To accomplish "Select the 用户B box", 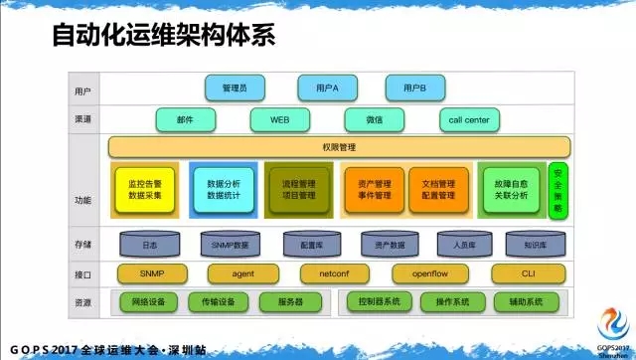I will pos(414,89).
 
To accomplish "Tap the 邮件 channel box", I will pos(186,120).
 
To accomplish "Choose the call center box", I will pos(468,120).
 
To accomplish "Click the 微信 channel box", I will pos(374,120).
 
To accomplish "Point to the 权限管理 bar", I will pos(339,147).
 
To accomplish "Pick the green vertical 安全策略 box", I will pos(557,190).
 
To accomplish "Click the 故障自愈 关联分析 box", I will pos(511,190).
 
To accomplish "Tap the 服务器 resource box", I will pos(291,301).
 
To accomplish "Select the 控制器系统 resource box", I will pos(379,301).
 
